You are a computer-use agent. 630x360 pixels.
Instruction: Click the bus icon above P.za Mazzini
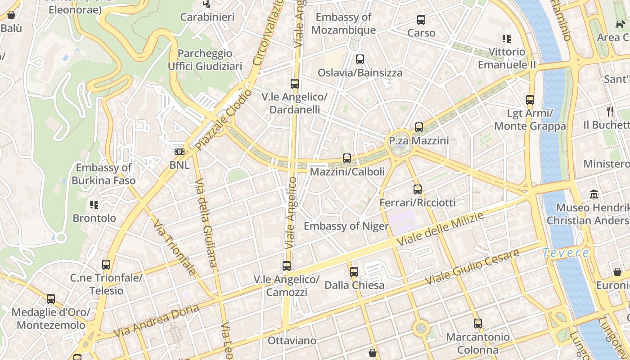point(419,127)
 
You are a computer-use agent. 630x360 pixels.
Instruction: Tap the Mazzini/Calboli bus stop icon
point(346,158)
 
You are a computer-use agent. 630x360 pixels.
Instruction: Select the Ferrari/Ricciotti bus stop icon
point(418,189)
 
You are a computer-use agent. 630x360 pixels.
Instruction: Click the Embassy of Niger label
point(346,226)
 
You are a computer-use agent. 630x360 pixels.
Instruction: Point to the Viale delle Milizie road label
point(440,229)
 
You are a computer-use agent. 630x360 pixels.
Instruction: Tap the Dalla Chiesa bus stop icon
point(354,272)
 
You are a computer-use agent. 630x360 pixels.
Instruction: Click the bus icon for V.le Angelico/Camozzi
point(287,266)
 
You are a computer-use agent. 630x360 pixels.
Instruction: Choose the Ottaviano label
point(292,341)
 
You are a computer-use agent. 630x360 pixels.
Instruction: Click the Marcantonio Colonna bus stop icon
point(478,324)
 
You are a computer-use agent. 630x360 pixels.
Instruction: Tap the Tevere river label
point(566,253)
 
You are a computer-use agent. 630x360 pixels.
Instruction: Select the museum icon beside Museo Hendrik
point(594,194)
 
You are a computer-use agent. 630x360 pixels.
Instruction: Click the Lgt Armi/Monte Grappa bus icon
point(530,100)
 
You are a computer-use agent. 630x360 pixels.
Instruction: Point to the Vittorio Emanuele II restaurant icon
point(507,39)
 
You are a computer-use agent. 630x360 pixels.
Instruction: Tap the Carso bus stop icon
point(421,20)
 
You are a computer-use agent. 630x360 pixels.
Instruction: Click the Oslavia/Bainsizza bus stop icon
point(360,59)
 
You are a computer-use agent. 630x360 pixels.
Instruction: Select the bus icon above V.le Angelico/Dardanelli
point(295,84)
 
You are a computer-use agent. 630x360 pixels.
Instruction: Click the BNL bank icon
point(180,152)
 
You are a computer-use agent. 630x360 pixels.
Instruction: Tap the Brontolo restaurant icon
point(94,205)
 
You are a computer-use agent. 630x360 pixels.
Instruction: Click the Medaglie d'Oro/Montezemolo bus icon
point(51,299)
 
